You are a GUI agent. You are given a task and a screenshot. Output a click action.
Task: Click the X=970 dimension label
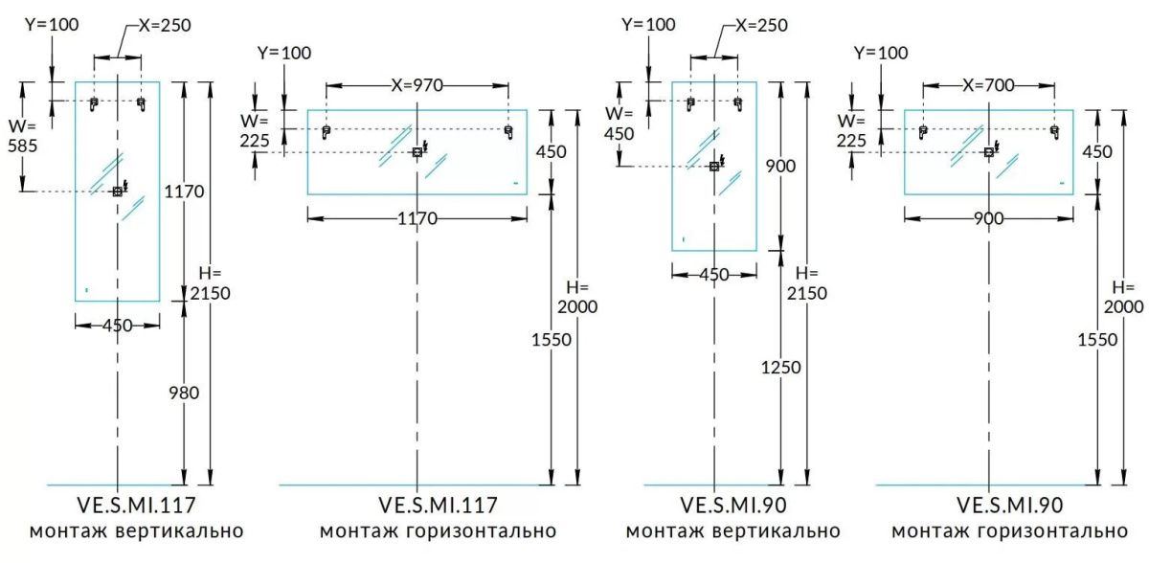pyautogui.click(x=417, y=85)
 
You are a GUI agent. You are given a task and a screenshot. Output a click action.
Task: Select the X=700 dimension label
pyautogui.click(x=987, y=85)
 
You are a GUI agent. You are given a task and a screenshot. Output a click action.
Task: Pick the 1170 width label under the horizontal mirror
pyautogui.click(x=417, y=219)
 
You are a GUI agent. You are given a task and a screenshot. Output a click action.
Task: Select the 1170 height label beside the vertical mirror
pyautogui.click(x=184, y=191)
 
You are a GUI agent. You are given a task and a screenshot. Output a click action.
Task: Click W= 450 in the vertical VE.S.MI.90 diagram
pyautogui.click(x=620, y=124)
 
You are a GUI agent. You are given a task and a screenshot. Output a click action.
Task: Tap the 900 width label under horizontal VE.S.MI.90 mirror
pyautogui.click(x=988, y=219)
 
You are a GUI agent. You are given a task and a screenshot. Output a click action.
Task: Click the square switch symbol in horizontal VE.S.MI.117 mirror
pyautogui.click(x=417, y=152)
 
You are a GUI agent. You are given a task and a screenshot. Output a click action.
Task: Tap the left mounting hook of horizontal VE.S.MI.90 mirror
pyautogui.click(x=923, y=132)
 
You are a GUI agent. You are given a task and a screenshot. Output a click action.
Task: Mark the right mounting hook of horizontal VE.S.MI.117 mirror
pyautogui.click(x=507, y=132)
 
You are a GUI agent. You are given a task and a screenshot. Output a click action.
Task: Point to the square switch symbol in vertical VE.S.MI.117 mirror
pyautogui.click(x=117, y=191)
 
